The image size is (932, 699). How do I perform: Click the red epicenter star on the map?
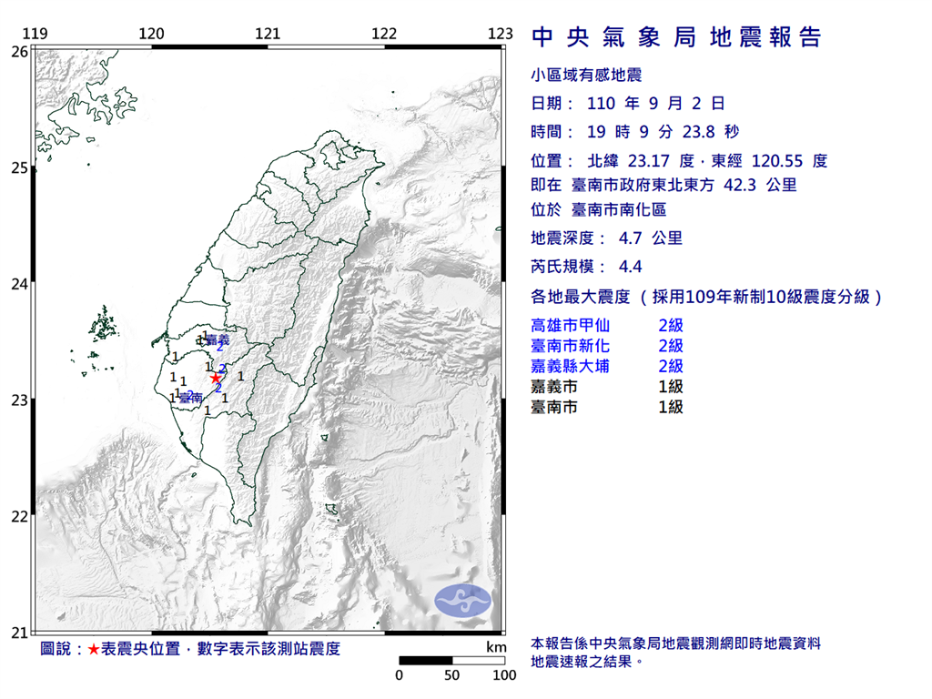(215, 378)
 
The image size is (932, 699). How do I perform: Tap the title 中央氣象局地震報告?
(675, 37)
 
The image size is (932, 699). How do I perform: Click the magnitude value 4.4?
(631, 268)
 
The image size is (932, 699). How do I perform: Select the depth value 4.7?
(631, 239)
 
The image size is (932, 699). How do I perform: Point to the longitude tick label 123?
(501, 34)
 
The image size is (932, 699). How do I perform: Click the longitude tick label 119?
(35, 34)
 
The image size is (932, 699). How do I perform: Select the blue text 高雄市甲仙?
(570, 325)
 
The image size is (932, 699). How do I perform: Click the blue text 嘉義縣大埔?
(570, 366)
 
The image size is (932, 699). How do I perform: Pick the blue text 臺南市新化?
(570, 346)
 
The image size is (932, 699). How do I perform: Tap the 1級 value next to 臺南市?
(671, 407)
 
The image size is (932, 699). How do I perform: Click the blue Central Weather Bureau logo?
(462, 600)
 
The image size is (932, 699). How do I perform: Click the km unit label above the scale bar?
(495, 647)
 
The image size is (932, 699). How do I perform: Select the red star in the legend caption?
(93, 649)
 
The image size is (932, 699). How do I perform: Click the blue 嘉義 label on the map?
(218, 339)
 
